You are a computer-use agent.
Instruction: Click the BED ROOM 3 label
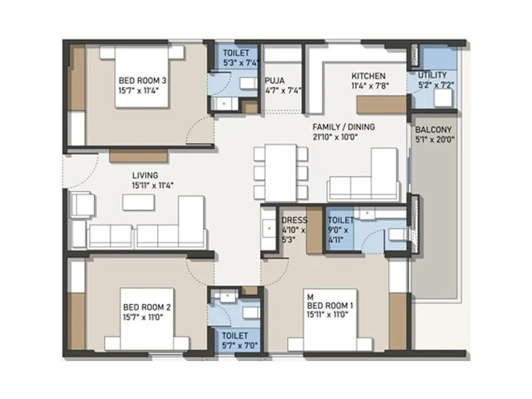tap(143, 80)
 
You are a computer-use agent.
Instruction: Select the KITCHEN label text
tap(368, 75)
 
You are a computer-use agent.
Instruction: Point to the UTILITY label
tap(433, 75)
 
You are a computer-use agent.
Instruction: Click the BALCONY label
tap(434, 130)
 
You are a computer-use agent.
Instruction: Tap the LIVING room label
tap(144, 176)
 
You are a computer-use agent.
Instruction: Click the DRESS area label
tap(293, 220)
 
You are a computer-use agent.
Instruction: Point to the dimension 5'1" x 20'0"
tap(434, 140)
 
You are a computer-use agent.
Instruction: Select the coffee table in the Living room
tap(138, 202)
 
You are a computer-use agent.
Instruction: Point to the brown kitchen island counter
tap(381, 104)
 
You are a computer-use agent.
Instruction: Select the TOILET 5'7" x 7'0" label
tap(235, 340)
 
